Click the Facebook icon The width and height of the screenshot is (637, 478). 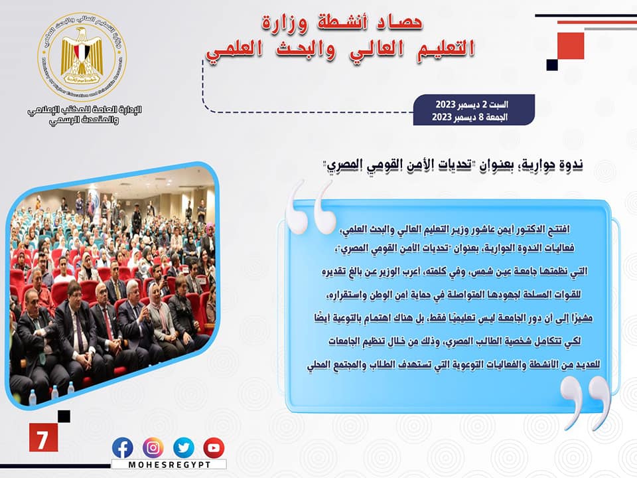(x=122, y=448)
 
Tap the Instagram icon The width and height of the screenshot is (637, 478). (x=153, y=448)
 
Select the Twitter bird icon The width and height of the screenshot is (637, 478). (x=184, y=448)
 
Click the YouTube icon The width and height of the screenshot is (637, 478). (x=214, y=448)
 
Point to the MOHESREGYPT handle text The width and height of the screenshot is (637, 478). (x=169, y=465)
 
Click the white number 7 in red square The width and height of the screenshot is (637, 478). (x=42, y=438)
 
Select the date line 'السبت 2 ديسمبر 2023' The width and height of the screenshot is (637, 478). (x=472, y=104)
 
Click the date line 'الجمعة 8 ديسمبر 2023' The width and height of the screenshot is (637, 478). (x=470, y=117)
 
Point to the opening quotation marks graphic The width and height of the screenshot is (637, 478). (x=311, y=208)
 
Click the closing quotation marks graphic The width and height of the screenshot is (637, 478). (x=585, y=402)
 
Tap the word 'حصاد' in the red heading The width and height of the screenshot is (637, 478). (x=399, y=23)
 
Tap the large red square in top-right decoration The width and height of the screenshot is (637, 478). (x=571, y=46)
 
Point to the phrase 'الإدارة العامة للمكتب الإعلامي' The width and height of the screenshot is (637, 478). (x=84, y=110)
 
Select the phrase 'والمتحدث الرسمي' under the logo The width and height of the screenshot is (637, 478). (x=84, y=121)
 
